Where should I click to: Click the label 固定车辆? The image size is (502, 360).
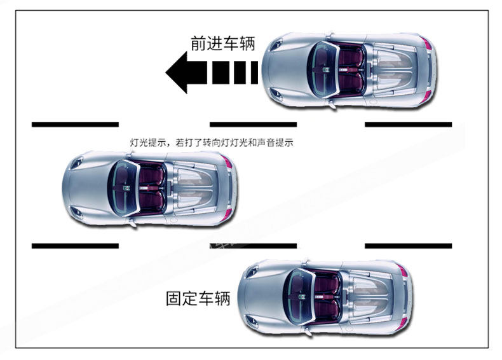pyautogui.click(x=198, y=298)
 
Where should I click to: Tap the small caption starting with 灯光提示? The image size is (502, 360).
pyautogui.click(x=211, y=143)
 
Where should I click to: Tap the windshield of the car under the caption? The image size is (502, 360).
pyautogui.click(x=119, y=187)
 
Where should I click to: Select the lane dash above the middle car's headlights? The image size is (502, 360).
pyautogui.click(x=75, y=124)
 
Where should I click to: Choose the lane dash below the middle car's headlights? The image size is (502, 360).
pyautogui.click(x=75, y=246)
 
